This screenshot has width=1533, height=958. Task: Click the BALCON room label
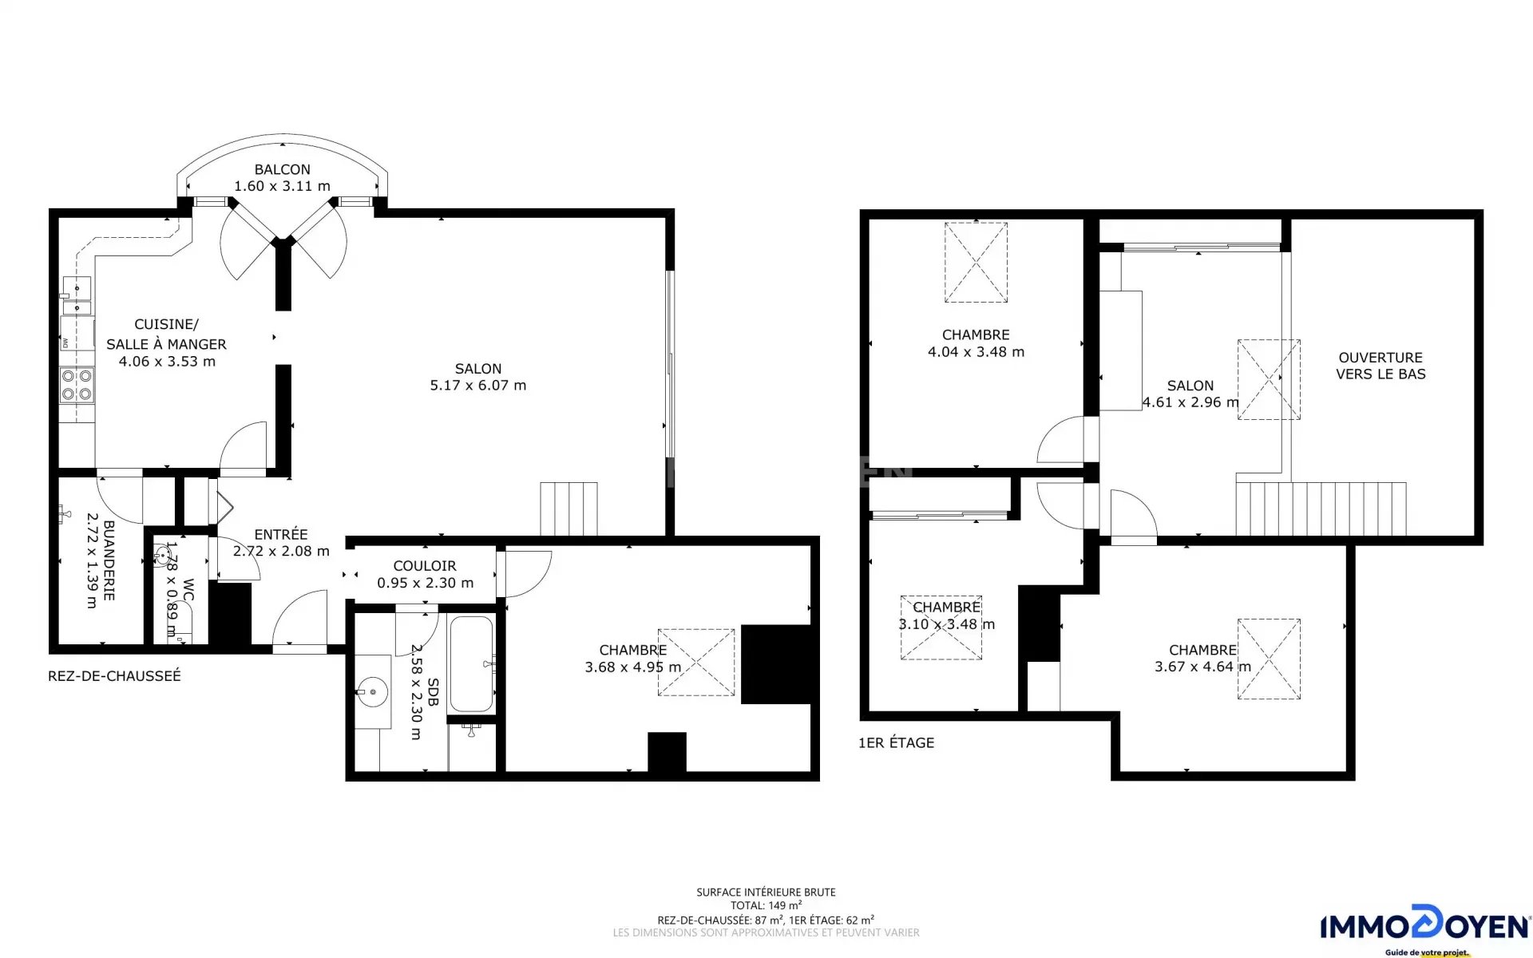pyautogui.click(x=283, y=169)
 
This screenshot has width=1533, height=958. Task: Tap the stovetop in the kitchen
pyautogui.click(x=77, y=385)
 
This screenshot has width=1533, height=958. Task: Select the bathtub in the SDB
pyautogui.click(x=471, y=663)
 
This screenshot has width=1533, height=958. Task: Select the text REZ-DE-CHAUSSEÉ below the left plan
pyautogui.click(x=114, y=676)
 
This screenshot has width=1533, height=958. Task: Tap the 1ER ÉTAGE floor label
pyautogui.click(x=896, y=743)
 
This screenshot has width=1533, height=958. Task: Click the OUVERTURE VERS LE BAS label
pyautogui.click(x=1380, y=366)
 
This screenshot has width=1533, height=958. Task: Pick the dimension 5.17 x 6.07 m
pyautogui.click(x=478, y=386)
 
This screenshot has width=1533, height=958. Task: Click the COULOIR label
pyautogui.click(x=425, y=566)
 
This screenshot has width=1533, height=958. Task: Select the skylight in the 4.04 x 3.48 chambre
pyautogui.click(x=976, y=262)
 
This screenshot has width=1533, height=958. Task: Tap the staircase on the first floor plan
pyautogui.click(x=1321, y=509)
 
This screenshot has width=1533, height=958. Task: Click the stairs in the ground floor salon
pyautogui.click(x=568, y=509)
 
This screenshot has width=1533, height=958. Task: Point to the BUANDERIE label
pyautogui.click(x=109, y=560)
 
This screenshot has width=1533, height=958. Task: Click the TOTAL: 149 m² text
pyautogui.click(x=766, y=905)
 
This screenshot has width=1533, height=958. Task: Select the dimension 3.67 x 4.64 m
pyautogui.click(x=1202, y=667)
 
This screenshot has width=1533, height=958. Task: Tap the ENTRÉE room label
pyautogui.click(x=281, y=534)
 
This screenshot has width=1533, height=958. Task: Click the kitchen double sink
pyautogui.click(x=77, y=296)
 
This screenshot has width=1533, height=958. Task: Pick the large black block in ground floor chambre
pyautogui.click(x=776, y=664)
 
